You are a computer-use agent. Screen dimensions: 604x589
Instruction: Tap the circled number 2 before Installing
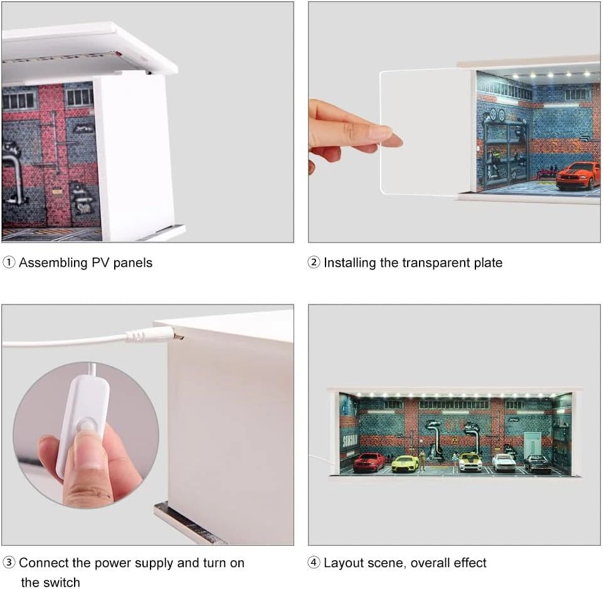(314, 263)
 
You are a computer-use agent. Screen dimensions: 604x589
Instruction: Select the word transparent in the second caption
(436, 263)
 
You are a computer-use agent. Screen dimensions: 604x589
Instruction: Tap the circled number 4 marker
(314, 563)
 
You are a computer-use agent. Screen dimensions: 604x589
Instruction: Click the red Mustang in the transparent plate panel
(578, 175)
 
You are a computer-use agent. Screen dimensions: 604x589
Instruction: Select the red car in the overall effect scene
(369, 462)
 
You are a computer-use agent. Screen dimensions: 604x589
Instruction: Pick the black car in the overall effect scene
(538, 463)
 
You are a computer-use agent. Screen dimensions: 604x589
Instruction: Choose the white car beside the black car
(504, 462)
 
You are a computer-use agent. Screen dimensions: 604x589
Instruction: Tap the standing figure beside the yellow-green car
(423, 461)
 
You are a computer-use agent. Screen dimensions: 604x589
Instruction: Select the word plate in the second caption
(488, 263)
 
